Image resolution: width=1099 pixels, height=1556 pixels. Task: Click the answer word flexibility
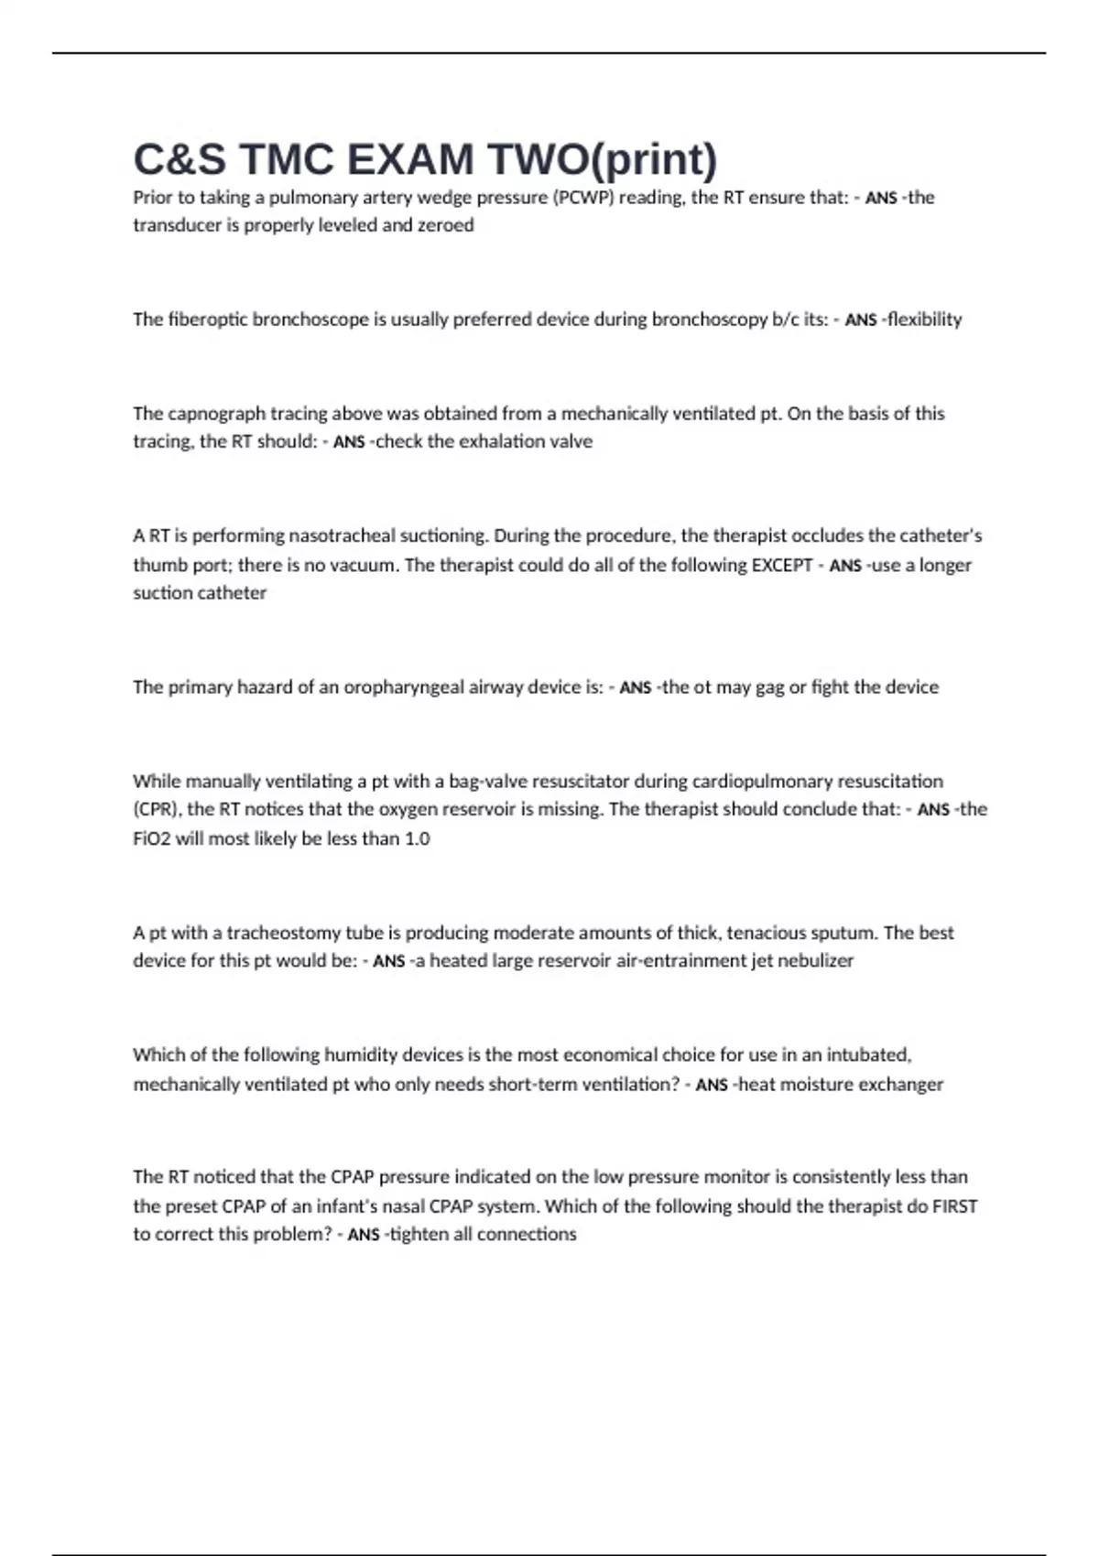(924, 319)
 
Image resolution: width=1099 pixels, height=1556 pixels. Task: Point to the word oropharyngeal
(404, 687)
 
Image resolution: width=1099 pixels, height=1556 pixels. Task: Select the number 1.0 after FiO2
(417, 838)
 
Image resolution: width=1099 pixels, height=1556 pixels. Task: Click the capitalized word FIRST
(954, 1206)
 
